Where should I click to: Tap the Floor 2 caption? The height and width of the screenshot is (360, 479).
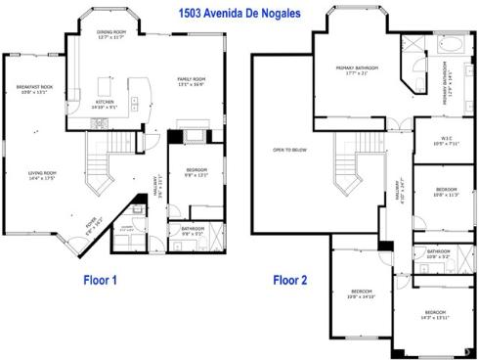click(289, 281)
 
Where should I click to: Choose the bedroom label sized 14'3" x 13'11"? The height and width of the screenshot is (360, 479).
click(434, 314)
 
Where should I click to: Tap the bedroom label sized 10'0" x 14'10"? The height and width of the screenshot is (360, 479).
click(362, 293)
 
